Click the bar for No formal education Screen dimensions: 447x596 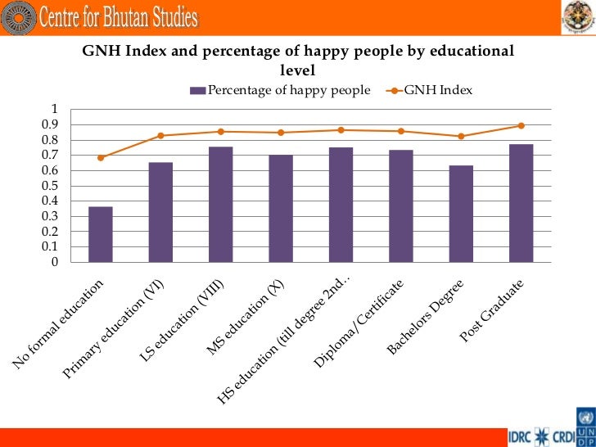coord(100,235)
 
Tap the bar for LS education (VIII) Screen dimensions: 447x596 coord(220,205)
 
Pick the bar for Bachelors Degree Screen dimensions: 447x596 coord(461,214)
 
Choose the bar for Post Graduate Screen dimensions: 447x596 coord(521,203)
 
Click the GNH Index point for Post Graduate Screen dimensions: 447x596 coord(521,125)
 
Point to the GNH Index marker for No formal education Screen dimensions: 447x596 coord(100,157)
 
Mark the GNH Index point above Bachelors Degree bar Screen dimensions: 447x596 coord(461,136)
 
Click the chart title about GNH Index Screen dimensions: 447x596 coord(298,60)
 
